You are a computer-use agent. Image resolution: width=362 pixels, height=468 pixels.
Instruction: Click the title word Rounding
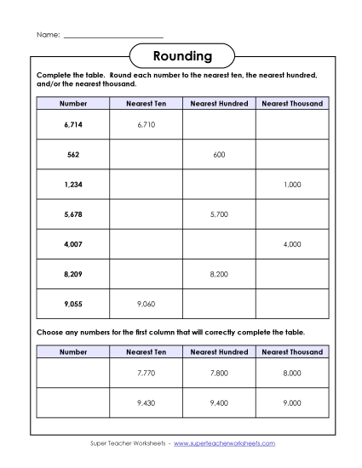[x=181, y=56]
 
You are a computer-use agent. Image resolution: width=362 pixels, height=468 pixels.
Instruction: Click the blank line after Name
[x=113, y=35]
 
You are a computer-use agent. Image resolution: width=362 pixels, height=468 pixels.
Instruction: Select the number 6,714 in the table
[x=73, y=124]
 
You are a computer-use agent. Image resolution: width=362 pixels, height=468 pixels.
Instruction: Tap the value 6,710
[x=147, y=124]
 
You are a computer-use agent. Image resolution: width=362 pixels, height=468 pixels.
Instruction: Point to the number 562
[x=73, y=155]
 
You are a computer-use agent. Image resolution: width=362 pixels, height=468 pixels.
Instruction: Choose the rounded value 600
[x=219, y=155]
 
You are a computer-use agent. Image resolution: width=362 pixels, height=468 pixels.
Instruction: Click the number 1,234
[x=73, y=185]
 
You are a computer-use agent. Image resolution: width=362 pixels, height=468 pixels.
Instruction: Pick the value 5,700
[x=219, y=214]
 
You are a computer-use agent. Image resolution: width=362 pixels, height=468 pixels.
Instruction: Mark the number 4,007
[x=73, y=244]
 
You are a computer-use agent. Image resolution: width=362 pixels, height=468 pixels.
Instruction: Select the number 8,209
[x=73, y=275]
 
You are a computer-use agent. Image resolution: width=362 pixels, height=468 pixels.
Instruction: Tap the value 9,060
[x=147, y=305]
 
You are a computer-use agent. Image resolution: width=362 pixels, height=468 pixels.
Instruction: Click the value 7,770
[x=147, y=373]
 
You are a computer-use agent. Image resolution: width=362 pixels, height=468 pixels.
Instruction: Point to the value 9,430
[x=147, y=403]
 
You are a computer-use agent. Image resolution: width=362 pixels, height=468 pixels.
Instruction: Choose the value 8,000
[x=292, y=373]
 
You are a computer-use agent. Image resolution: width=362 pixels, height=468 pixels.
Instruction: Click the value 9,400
[x=219, y=403]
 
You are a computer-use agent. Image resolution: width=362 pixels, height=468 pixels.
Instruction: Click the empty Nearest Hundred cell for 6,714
[x=219, y=124]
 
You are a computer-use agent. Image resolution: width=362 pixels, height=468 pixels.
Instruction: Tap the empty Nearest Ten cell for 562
[x=147, y=155]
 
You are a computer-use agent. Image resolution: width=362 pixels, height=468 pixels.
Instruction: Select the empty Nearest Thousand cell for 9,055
[x=292, y=305]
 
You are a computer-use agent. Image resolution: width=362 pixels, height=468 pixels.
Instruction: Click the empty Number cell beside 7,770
[x=73, y=373]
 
